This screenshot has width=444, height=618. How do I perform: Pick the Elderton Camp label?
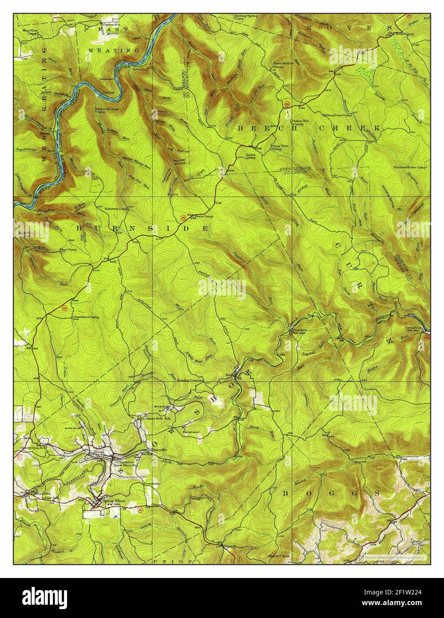pyautogui.click(x=116, y=209)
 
